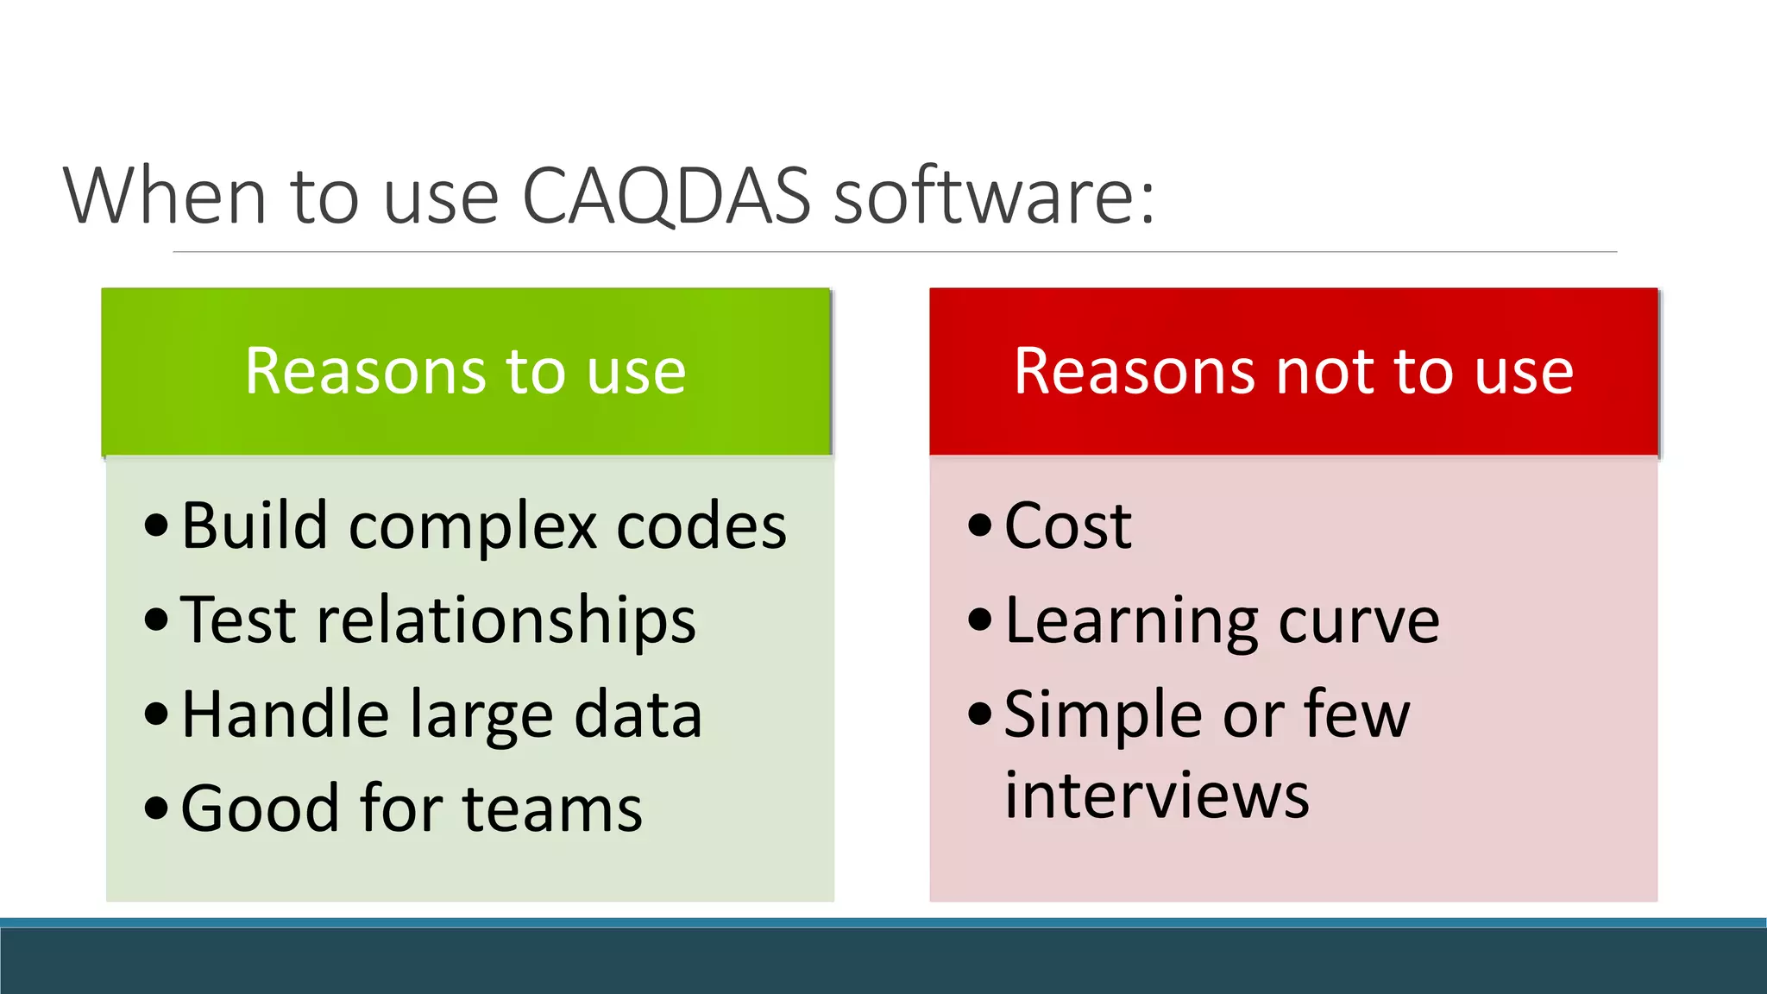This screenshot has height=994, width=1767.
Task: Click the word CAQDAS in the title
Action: coord(666,197)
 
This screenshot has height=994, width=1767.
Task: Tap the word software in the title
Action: coord(994,197)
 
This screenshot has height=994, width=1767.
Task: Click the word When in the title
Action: coord(164,197)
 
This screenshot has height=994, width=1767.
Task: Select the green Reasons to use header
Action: coord(466,371)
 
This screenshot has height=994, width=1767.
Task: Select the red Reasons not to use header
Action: coord(1292,371)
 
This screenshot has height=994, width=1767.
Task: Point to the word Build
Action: coord(255,525)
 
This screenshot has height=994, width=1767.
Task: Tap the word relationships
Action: coord(506,620)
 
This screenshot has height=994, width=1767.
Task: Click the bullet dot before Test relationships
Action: coord(156,620)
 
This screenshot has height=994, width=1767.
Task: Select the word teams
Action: coord(552,809)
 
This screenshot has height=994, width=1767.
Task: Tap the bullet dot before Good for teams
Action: coord(156,808)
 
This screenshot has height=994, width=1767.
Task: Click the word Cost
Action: coord(1067,525)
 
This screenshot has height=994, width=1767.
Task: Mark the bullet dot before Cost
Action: coord(979,525)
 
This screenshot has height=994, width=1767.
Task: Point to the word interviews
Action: coord(1156,795)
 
